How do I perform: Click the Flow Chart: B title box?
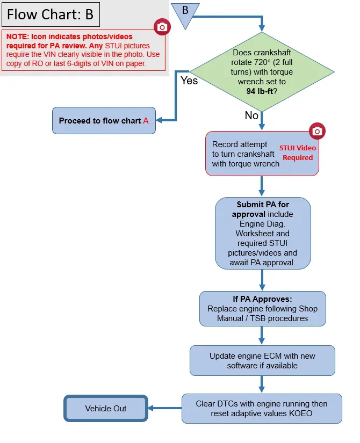[51, 14]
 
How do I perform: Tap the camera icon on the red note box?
[162, 27]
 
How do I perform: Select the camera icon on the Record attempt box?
[317, 131]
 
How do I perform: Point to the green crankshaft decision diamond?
[262, 72]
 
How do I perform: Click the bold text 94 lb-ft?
[260, 91]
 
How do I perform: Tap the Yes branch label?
[189, 81]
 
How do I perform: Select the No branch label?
[251, 115]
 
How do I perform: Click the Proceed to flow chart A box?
[104, 121]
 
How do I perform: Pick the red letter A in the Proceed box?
[146, 121]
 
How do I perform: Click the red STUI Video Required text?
[298, 153]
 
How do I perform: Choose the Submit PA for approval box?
[263, 234]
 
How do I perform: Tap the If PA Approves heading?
[262, 299]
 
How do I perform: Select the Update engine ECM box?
[262, 360]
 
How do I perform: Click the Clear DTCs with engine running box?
[262, 409]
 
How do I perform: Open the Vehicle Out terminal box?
[106, 408]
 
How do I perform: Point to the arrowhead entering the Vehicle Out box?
[151, 408]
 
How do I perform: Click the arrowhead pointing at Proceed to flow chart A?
[159, 120]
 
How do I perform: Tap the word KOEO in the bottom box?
[300, 413]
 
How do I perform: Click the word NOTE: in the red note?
[18, 37]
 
